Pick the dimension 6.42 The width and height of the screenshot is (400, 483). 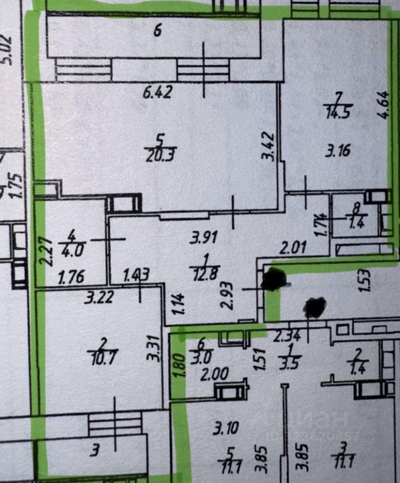tap(157, 92)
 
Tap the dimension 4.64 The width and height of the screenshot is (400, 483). tap(383, 104)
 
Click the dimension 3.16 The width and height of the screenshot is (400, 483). tap(338, 150)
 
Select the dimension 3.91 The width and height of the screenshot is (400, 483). tap(201, 236)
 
